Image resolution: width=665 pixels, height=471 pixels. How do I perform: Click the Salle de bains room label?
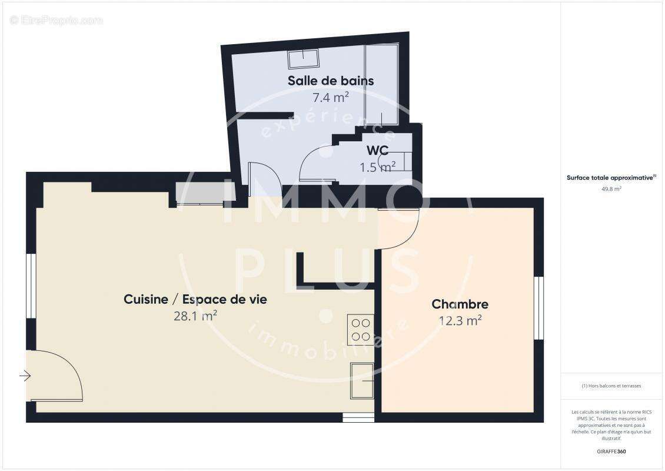[330, 81]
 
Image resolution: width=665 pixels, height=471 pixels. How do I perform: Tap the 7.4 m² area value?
[330, 98]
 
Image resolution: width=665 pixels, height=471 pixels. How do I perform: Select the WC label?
[377, 151]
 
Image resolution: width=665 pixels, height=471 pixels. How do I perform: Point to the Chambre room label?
[460, 304]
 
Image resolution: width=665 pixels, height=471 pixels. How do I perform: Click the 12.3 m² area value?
[460, 321]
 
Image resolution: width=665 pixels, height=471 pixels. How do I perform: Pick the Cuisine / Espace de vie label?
[195, 299]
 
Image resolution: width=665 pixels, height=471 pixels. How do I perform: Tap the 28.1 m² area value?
[195, 316]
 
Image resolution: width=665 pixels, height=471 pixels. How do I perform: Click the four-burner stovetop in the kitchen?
[360, 330]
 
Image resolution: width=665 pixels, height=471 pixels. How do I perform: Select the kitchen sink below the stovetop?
[361, 380]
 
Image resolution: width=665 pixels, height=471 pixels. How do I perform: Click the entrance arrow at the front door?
[25, 375]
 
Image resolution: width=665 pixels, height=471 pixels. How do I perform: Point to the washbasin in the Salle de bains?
[303, 59]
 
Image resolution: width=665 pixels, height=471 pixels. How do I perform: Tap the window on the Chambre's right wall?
[538, 308]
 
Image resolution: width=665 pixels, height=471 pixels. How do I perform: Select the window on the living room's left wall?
[31, 286]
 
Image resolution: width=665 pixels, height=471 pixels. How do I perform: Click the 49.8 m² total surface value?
[611, 189]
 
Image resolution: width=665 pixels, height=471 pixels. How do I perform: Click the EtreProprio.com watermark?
[56, 21]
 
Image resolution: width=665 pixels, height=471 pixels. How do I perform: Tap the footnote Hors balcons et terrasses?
[611, 386]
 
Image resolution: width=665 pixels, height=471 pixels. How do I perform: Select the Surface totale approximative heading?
[611, 177]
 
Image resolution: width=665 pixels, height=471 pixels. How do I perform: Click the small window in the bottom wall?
[354, 417]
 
